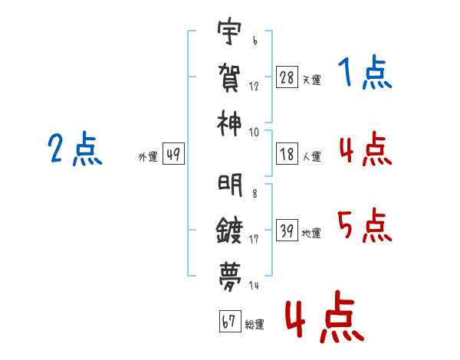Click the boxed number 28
point(287,77)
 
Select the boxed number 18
point(287,155)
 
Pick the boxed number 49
point(172,155)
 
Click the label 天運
point(311,80)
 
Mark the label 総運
point(254,324)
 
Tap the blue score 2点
point(74,149)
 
